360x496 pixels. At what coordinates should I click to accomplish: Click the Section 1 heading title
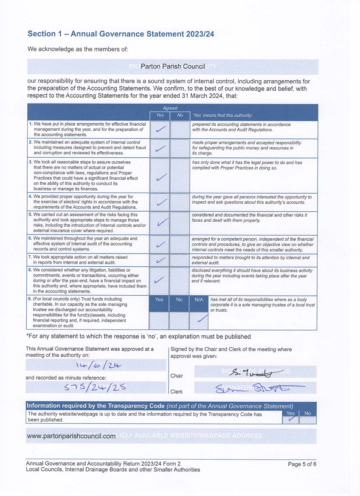(121, 34)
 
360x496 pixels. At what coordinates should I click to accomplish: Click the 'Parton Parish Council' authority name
(173, 67)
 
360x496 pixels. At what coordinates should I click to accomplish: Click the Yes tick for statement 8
(160, 280)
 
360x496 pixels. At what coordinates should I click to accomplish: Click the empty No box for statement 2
(180, 148)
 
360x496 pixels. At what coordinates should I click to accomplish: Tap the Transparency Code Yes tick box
(290, 420)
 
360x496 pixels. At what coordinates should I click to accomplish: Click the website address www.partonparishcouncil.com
(71, 436)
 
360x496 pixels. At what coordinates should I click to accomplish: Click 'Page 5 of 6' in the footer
(302, 464)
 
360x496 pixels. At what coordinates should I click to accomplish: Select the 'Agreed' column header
(170, 108)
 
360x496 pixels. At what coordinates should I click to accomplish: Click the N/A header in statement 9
(199, 300)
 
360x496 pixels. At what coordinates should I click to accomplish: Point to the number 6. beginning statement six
(30, 239)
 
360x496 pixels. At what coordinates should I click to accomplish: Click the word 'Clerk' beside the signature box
(177, 392)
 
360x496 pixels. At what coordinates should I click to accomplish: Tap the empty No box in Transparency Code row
(308, 420)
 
